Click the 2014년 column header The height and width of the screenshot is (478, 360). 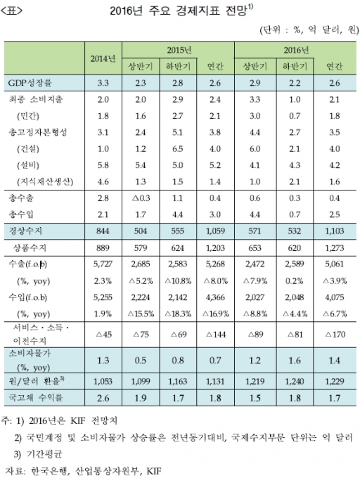coord(103,58)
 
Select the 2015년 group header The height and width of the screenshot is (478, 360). coord(179,50)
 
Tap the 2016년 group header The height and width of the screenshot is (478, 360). coord(296,50)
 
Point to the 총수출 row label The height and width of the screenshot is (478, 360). coord(21,198)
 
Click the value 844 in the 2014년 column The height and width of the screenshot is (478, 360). coord(103,231)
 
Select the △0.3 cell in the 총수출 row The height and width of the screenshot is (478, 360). coord(140,198)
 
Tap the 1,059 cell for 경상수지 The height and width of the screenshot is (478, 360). coord(215,231)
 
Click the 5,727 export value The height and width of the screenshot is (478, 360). coord(103,264)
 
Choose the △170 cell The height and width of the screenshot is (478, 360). coord(335,335)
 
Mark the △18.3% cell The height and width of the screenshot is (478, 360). coord(178,314)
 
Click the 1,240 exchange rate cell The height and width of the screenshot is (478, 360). coord(295,382)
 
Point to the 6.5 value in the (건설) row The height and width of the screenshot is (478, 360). coord(178,149)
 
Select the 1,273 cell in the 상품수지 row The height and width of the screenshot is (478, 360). coord(335,248)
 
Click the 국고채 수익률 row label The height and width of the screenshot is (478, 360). coord(35,398)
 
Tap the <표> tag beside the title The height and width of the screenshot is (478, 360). coord(11,11)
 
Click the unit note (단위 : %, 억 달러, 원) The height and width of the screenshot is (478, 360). coord(309,30)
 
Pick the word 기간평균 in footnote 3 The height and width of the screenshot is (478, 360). coord(44,454)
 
